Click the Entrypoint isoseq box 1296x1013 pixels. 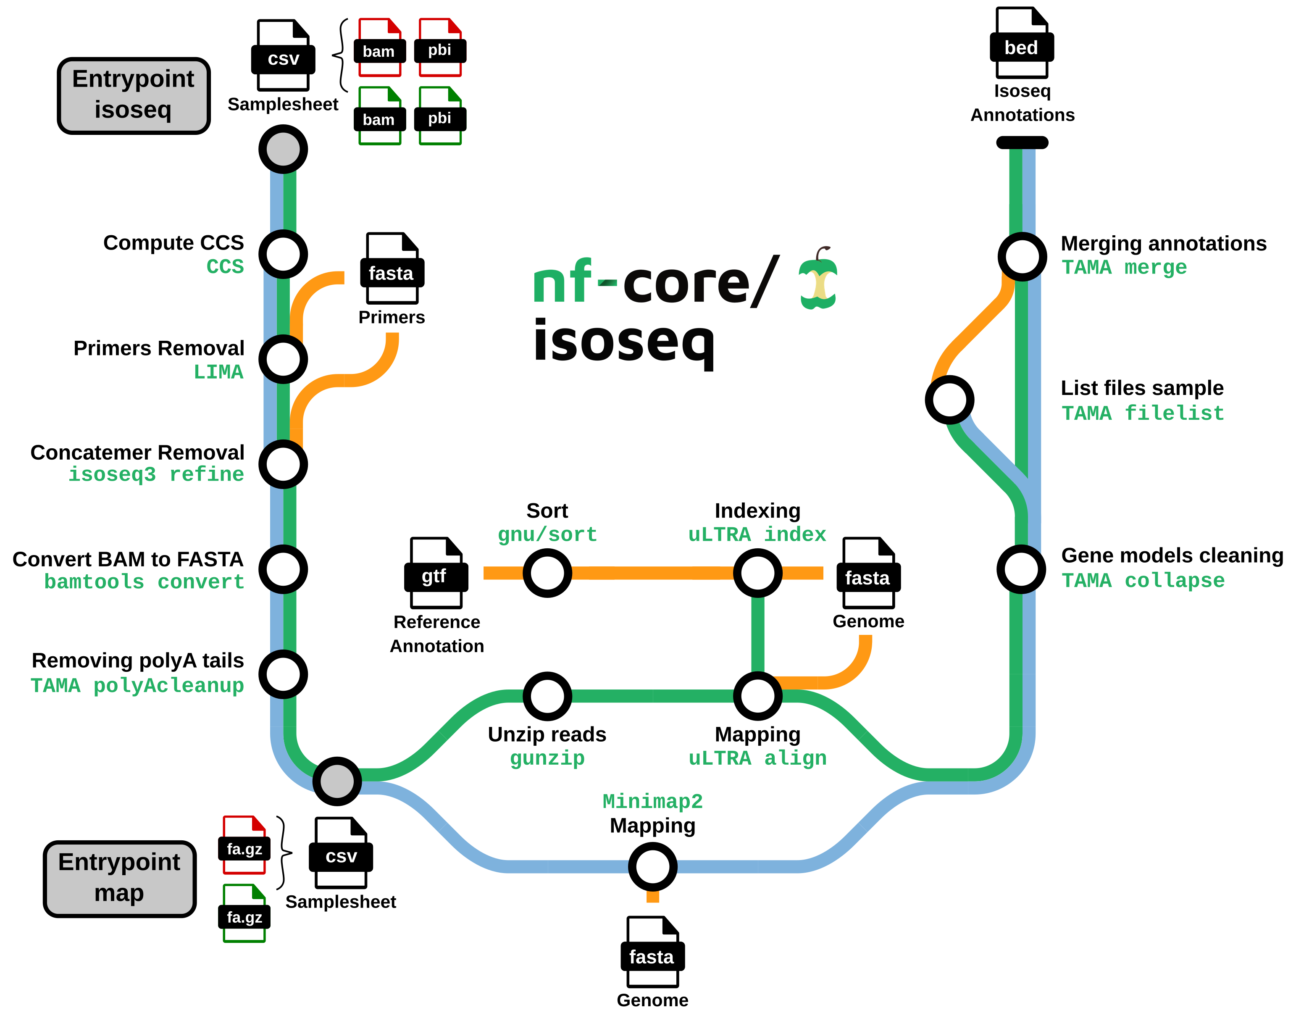134,95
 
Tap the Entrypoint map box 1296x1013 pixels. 120,878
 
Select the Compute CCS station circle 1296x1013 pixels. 283,254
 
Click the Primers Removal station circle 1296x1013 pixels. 283,359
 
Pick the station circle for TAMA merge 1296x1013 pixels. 1022,256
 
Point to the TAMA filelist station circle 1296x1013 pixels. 949,400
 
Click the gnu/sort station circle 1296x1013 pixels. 547,573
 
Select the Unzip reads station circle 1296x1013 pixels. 547,695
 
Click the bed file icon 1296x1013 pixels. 1022,43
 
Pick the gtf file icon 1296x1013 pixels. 436,573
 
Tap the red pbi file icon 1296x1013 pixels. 440,47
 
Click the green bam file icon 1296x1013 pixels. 380,116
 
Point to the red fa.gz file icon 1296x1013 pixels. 244,845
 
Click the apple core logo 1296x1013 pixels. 818,279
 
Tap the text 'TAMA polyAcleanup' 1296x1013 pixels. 137,685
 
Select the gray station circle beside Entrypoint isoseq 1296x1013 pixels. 283,149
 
